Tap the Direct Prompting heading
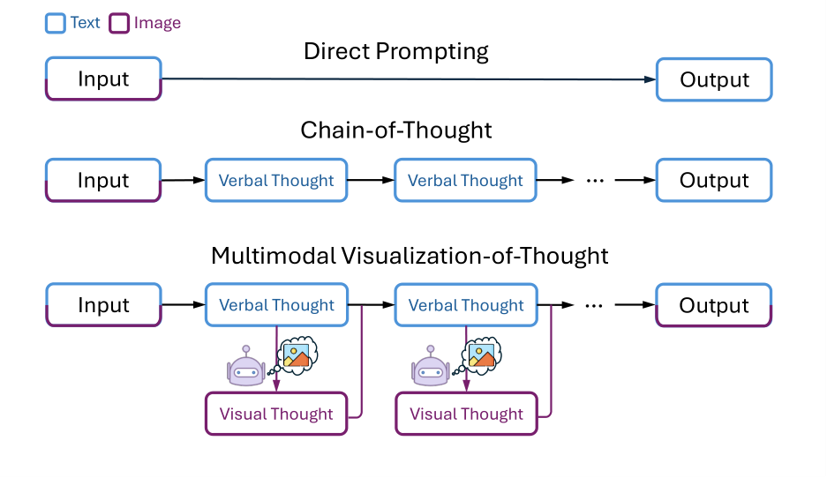click(x=396, y=52)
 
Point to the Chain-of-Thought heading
click(x=396, y=131)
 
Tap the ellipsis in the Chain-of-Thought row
click(x=595, y=182)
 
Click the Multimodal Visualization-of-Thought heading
click(x=410, y=256)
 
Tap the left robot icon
click(x=245, y=366)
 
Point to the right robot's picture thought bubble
click(x=481, y=355)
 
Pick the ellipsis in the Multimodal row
click(x=594, y=306)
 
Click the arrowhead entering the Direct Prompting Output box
click(x=650, y=79)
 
